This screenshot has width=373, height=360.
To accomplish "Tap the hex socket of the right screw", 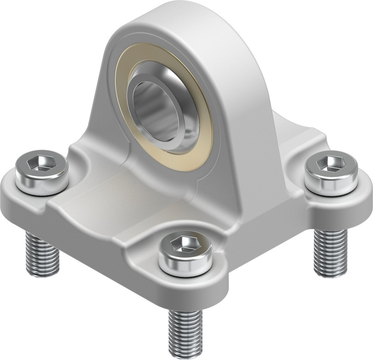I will (x=329, y=164).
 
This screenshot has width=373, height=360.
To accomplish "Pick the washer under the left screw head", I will (x=42, y=189).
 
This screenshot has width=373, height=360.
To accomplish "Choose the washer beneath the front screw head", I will (x=185, y=270).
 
